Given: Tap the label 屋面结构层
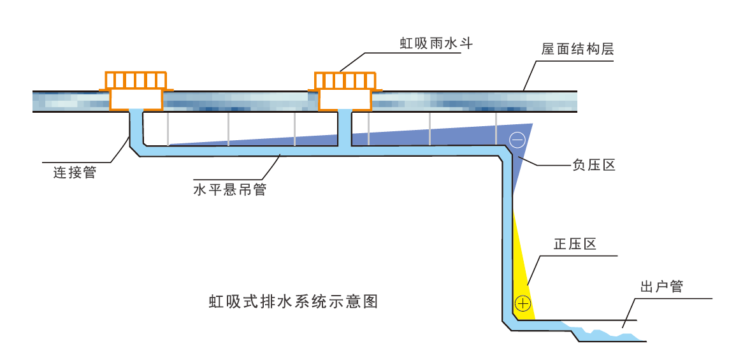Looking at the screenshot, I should [577, 49].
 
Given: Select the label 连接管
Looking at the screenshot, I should [75, 172].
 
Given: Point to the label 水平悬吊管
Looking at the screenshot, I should [229, 190].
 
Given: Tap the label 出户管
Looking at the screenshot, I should [661, 287].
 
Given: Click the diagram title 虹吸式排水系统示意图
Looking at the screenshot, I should [294, 301].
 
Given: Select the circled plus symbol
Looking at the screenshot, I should [523, 303].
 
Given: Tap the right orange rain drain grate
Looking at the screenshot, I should [345, 80].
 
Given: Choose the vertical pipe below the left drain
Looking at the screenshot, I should [136, 127].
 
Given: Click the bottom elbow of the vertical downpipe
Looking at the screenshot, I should [510, 322].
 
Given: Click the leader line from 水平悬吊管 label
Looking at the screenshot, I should [271, 169].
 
